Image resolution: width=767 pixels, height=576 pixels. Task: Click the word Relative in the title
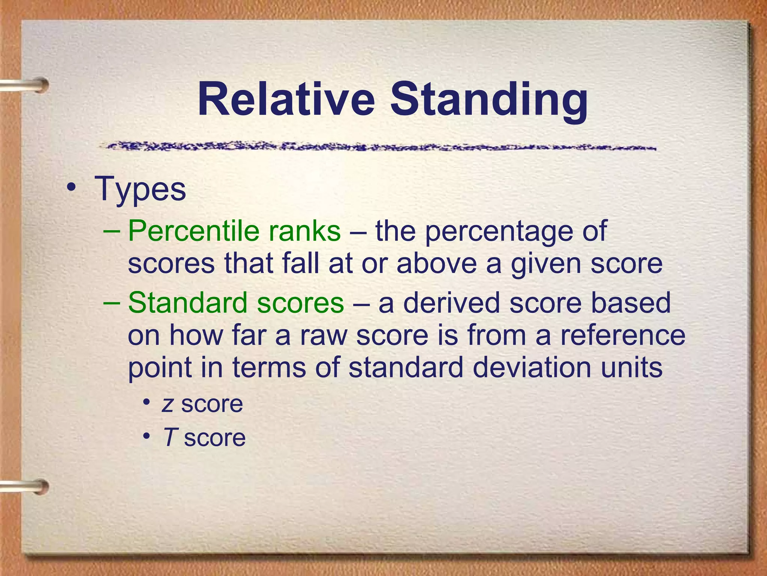click(x=286, y=100)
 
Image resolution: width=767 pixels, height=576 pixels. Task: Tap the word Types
click(x=140, y=189)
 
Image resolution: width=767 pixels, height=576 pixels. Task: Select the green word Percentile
click(x=193, y=231)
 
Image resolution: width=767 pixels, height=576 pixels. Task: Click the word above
click(x=437, y=263)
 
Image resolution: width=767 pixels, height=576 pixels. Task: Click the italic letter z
click(x=167, y=405)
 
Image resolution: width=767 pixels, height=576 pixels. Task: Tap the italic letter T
click(x=170, y=437)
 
